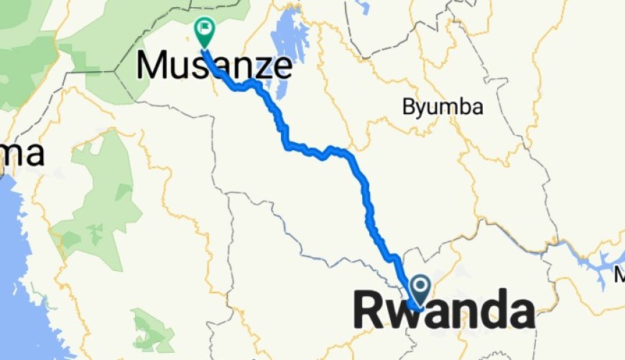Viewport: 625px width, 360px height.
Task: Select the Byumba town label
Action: tap(443, 108)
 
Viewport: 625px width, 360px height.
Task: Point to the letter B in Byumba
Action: tap(408, 107)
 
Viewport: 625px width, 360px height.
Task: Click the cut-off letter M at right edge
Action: tap(620, 275)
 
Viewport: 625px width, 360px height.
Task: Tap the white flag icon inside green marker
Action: tap(205, 28)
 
